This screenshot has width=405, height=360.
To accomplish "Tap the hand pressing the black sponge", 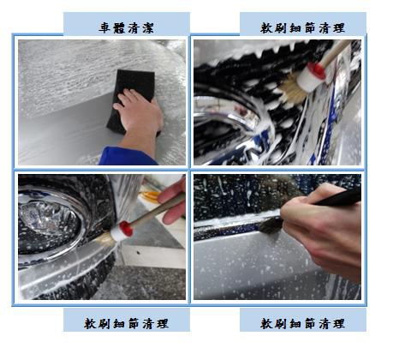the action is point(140,118).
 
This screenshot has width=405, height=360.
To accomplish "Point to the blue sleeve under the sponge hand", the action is point(126,156).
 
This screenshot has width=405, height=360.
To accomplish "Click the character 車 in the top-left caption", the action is point(104,27).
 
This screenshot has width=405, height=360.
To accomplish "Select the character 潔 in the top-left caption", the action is point(148,27).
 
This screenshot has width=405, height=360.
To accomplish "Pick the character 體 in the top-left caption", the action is point(119,27).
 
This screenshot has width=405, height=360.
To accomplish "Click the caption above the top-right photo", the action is point(302,28).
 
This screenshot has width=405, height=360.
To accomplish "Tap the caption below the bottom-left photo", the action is point(126,324).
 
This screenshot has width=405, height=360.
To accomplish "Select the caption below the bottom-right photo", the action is point(302,324).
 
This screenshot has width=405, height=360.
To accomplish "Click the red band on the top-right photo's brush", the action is point(317,70).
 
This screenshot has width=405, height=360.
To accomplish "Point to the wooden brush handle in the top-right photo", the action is point(336,52).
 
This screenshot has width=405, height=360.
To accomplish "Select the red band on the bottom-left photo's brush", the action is point(126,228).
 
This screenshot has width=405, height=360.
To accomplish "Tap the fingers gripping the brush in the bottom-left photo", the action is point(172,201).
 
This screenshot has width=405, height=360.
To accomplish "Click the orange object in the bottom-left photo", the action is point(149,195).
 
